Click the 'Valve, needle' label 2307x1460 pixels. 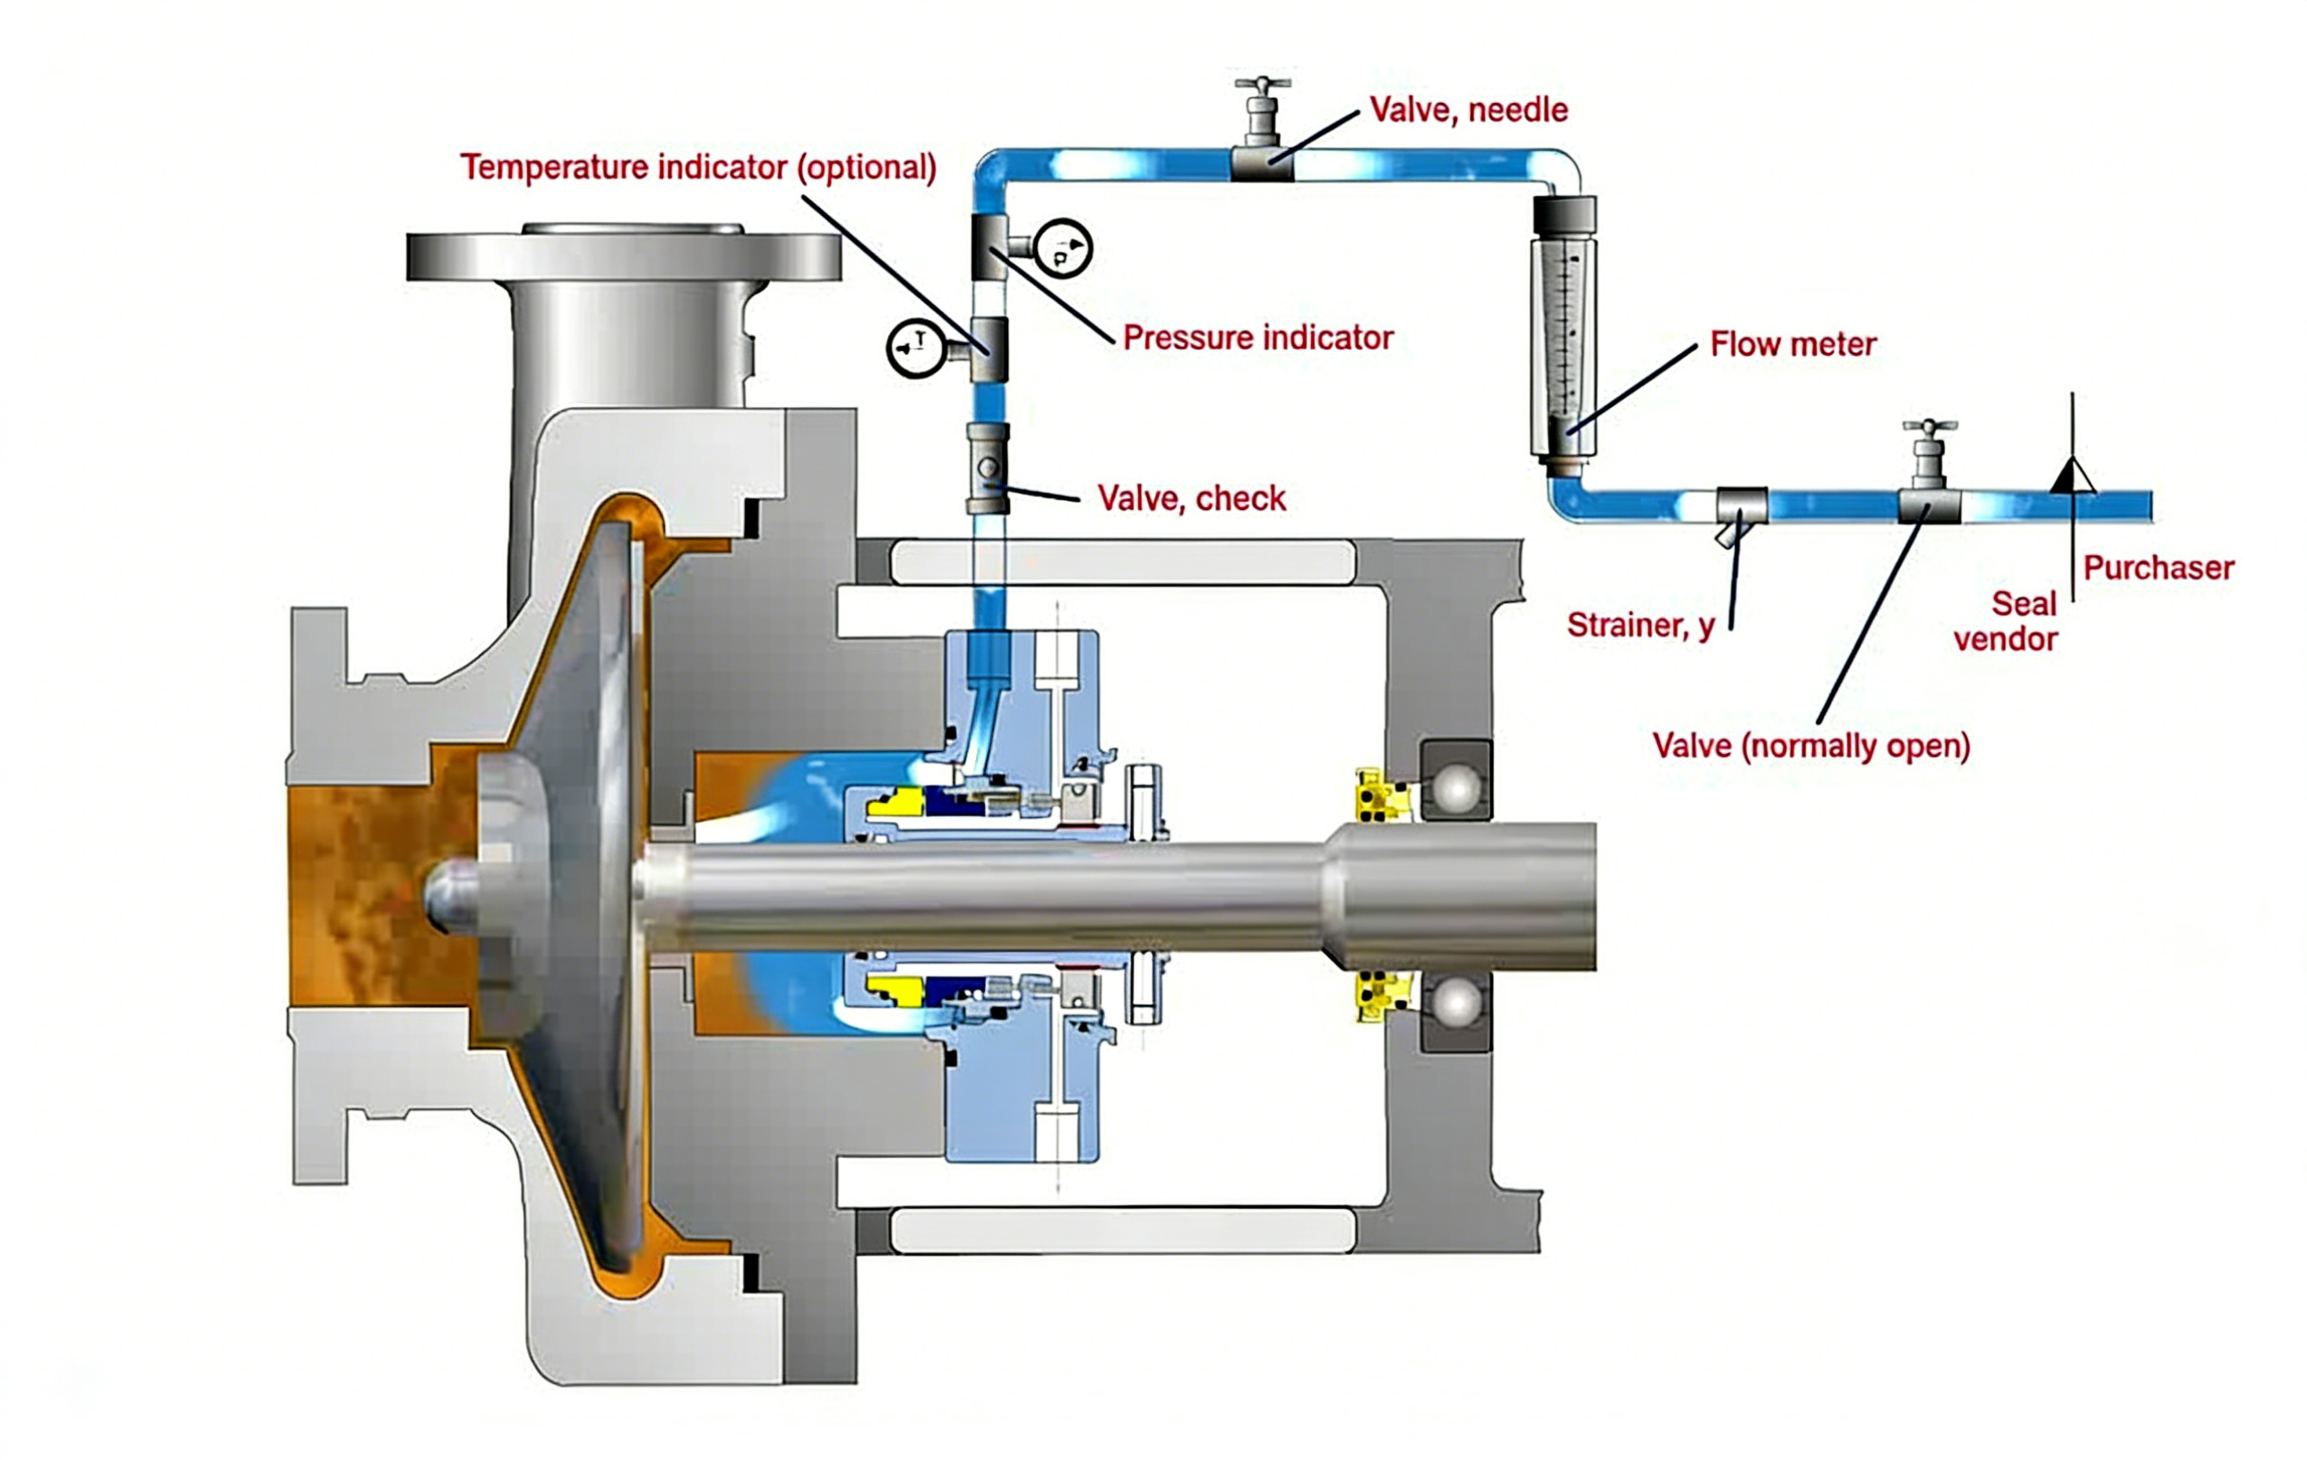tap(1468, 110)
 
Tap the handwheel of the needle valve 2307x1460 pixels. tap(1262, 84)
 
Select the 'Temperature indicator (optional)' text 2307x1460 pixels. tap(697, 168)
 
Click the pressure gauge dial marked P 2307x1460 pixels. tap(1062, 249)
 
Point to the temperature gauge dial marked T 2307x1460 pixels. tap(916, 347)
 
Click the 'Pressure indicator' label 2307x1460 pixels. tap(1257, 337)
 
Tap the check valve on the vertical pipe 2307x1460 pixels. tap(988, 469)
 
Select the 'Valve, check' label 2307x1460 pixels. tap(1191, 498)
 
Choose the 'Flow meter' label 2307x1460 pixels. tap(1793, 344)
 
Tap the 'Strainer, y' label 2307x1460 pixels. tap(1640, 626)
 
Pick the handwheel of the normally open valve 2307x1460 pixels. tap(1930, 428)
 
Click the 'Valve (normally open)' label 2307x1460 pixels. tap(1810, 746)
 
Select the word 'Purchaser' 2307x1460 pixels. tap(2157, 568)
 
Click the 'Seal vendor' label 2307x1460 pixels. tap(2006, 622)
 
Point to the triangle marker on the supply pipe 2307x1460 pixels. tap(2072, 476)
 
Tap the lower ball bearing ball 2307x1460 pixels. tap(1456, 1004)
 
